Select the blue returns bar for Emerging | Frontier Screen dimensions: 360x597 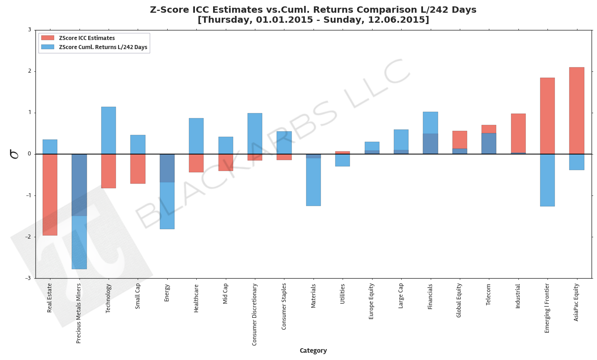547,180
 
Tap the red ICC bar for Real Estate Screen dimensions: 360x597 50,195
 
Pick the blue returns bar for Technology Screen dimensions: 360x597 108,130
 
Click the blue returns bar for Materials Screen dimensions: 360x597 313,182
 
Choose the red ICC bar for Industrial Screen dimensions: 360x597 518,133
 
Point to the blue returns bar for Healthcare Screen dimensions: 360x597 196,136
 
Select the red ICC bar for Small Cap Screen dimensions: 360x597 138,169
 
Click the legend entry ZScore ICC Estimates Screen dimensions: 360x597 87,38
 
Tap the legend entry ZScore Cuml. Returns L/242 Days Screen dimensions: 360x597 103,47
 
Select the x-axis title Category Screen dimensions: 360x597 313,350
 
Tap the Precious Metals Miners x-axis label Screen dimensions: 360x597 79,313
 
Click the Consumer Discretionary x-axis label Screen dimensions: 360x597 254,314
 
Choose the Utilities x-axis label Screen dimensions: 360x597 343,294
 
